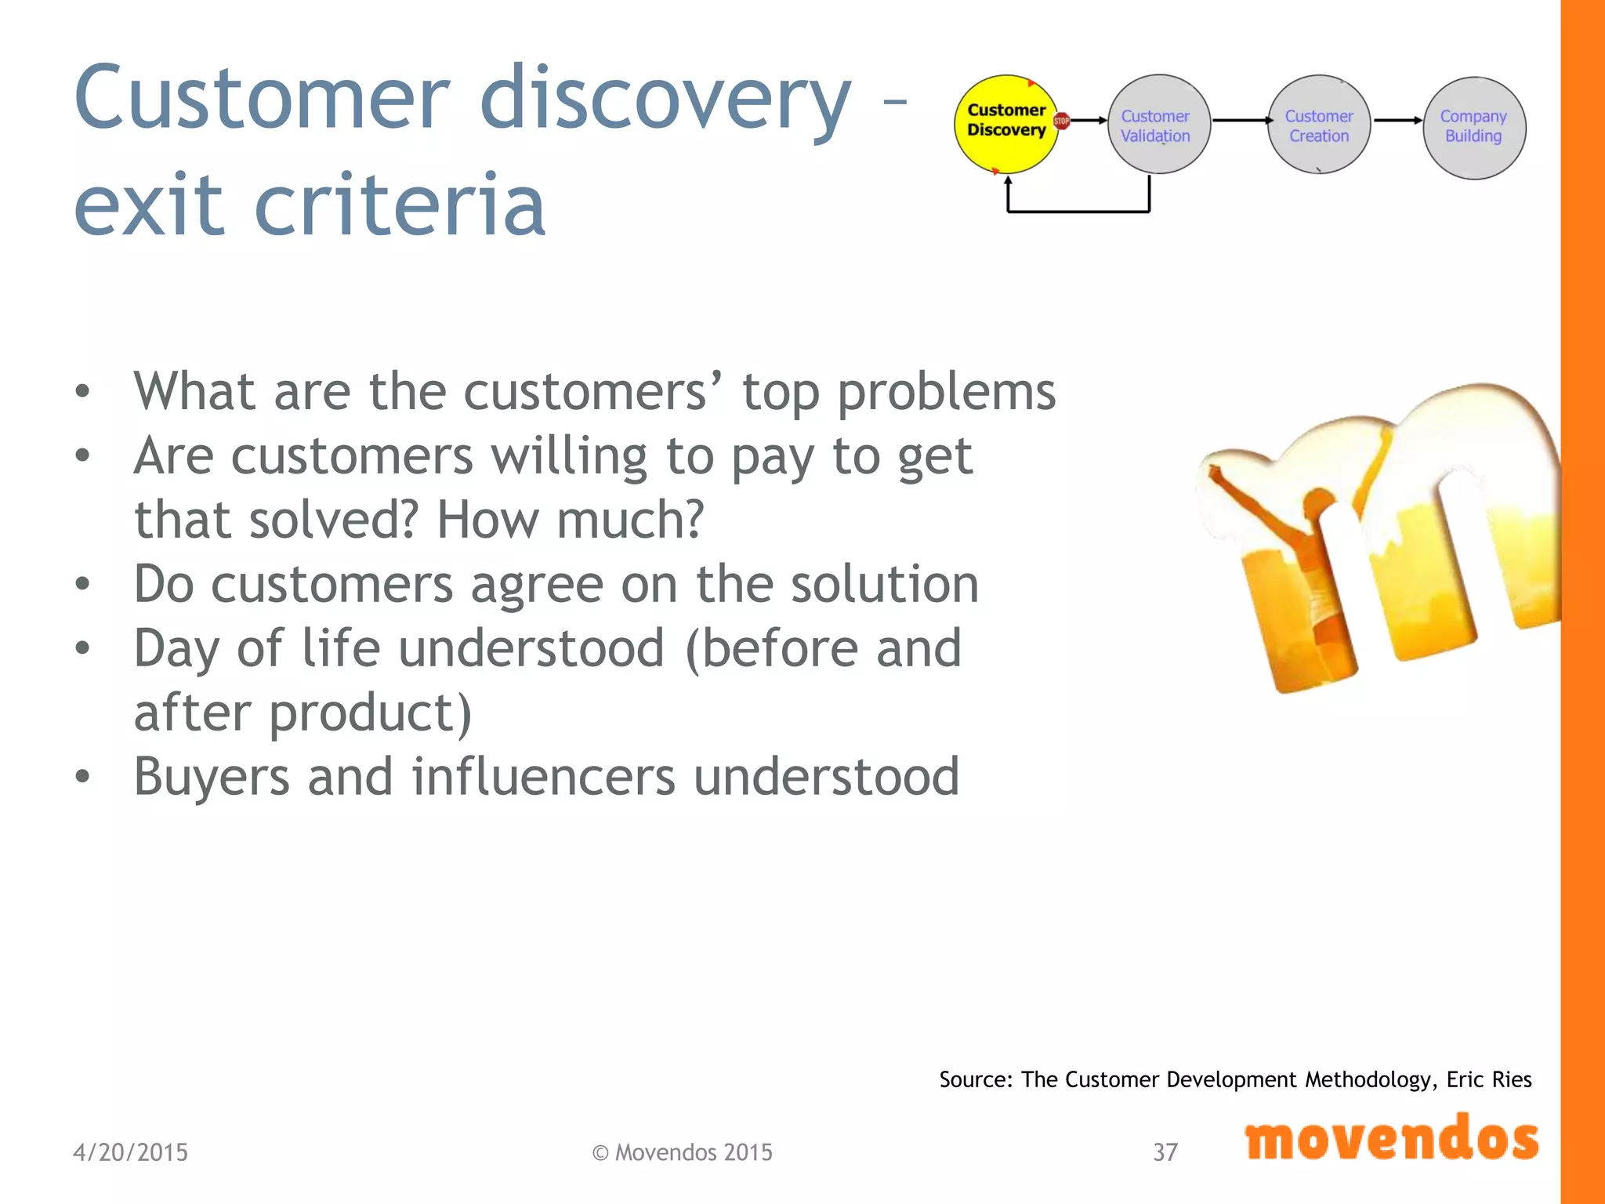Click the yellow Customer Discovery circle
click(x=1005, y=124)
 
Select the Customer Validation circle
click(x=1158, y=124)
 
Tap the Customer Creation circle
click(x=1319, y=124)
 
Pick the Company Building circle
click(x=1473, y=127)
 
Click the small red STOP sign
click(x=1061, y=121)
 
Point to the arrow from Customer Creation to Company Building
click(x=1397, y=120)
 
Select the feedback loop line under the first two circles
click(x=1078, y=211)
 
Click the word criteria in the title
click(x=400, y=205)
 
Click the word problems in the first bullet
click(x=946, y=392)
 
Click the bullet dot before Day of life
click(x=82, y=648)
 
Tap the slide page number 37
click(x=1165, y=1152)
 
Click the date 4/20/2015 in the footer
click(x=130, y=1152)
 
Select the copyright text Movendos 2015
click(x=682, y=1152)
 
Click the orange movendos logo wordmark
click(x=1391, y=1139)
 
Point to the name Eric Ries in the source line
click(x=1488, y=1079)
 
